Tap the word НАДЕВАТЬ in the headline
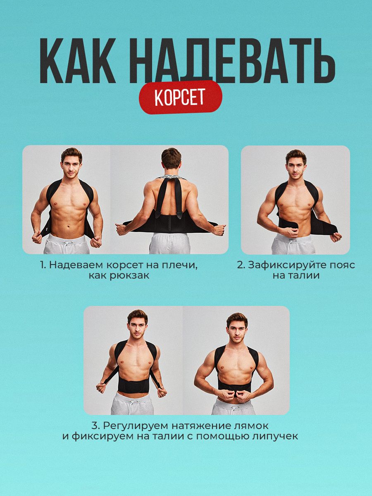pos(232,61)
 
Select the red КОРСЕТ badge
pos(181,97)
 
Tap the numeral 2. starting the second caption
pos(241,265)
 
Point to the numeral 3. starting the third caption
pos(96,426)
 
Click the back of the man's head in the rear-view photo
pos(172,159)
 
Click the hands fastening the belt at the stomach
pos(235,395)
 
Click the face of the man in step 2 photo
pos(296,168)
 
